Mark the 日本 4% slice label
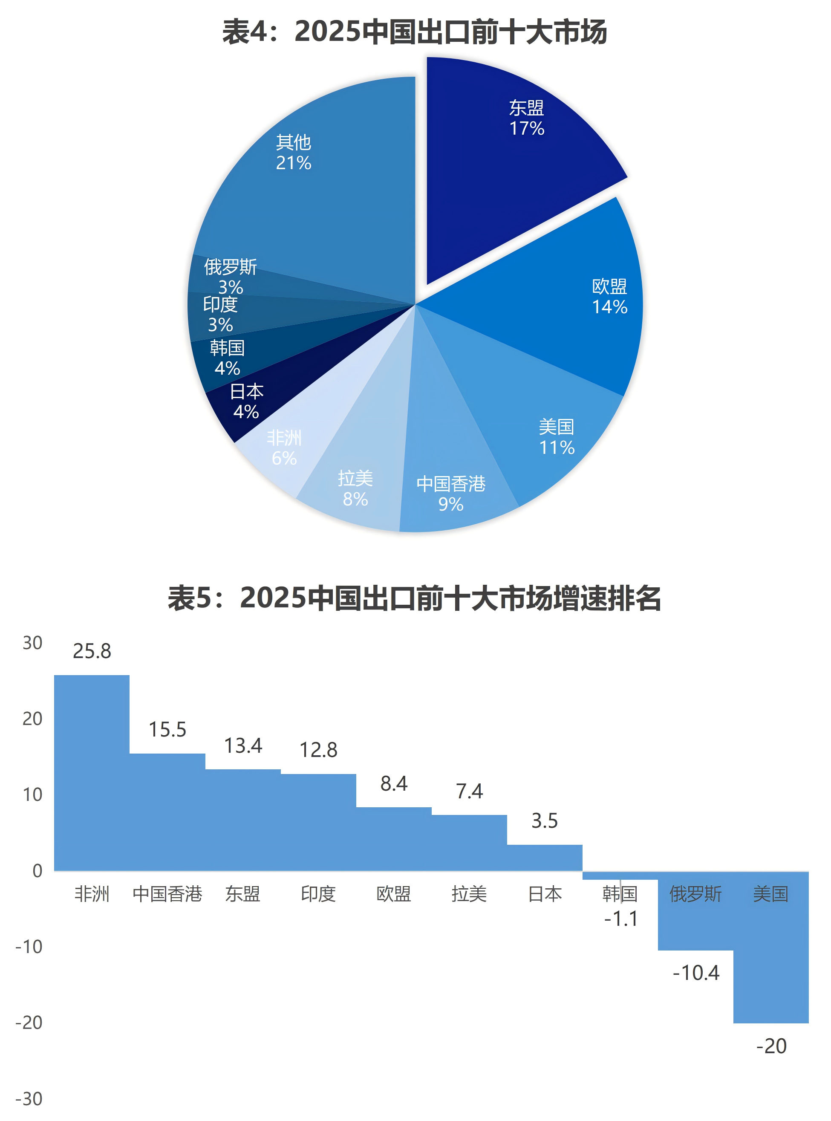(246, 401)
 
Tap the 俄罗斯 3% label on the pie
(231, 276)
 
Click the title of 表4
(415, 32)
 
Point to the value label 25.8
(92, 650)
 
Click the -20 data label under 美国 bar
(771, 1046)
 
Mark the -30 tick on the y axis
(29, 1098)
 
